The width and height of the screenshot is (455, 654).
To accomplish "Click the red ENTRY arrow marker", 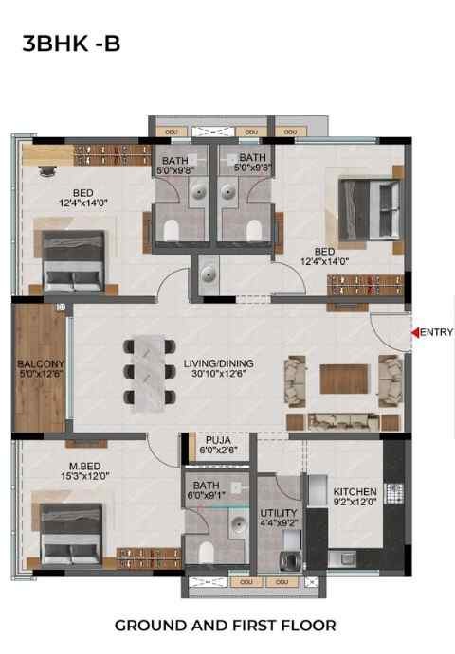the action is click(415, 332).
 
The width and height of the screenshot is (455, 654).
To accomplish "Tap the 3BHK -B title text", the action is click(71, 44).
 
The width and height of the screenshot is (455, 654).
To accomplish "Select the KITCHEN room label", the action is click(355, 492).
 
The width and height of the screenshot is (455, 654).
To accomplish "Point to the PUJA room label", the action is click(218, 440).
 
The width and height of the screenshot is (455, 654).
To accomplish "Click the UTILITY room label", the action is click(279, 513).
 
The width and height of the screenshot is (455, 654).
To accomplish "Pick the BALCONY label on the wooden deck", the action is click(41, 364).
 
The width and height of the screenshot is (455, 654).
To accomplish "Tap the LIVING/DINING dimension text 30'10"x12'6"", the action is click(219, 374).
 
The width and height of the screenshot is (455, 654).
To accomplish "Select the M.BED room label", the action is click(85, 467).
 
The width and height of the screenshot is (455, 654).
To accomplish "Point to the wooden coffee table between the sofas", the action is click(344, 379).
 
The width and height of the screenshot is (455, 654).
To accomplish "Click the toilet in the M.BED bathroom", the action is click(207, 552).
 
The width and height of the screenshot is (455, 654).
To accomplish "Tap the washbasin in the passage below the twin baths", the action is click(209, 274).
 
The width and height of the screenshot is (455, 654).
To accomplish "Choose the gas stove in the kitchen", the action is click(393, 493).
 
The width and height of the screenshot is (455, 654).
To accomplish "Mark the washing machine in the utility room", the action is click(289, 559).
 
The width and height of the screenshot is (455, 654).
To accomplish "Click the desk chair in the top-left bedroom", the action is click(47, 171).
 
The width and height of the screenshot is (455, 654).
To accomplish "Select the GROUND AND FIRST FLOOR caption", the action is click(226, 626).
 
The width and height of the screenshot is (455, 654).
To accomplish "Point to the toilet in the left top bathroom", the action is click(171, 230).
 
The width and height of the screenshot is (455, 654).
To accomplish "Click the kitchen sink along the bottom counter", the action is click(342, 559).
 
